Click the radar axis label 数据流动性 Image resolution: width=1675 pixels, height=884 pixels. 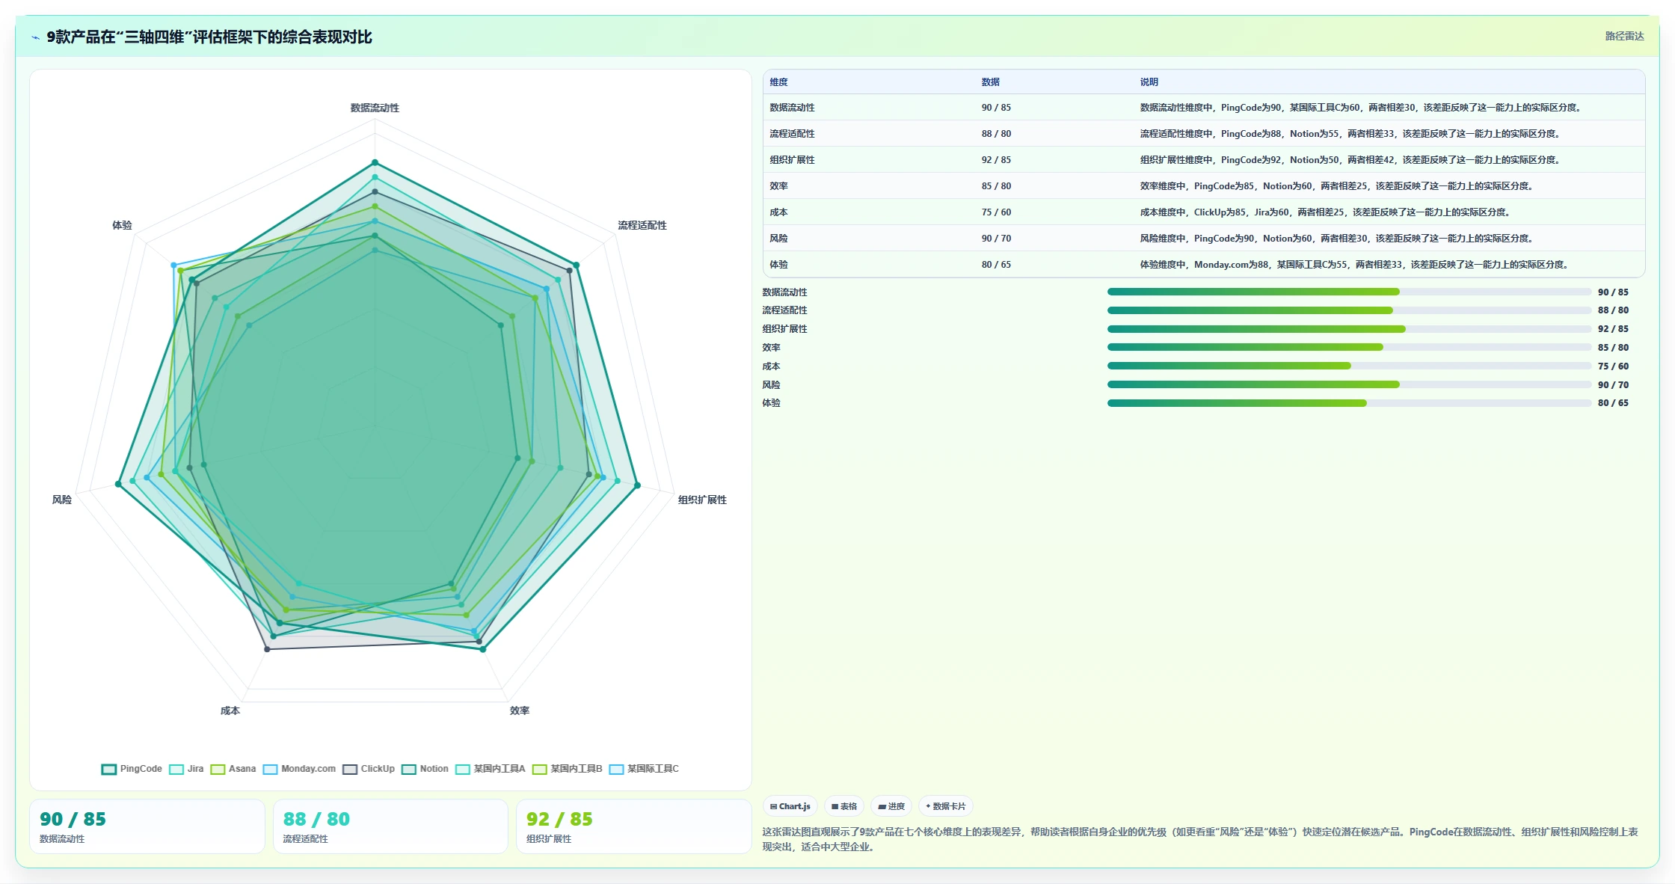(375, 108)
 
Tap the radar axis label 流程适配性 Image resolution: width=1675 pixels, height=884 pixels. (642, 225)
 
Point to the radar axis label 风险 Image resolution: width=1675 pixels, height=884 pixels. (62, 500)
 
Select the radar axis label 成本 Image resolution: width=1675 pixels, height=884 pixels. (230, 710)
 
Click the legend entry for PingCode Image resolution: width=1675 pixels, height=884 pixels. (132, 769)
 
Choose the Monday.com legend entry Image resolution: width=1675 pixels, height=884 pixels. (299, 769)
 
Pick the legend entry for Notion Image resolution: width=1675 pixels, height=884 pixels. (425, 769)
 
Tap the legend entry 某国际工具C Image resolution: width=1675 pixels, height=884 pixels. (644, 769)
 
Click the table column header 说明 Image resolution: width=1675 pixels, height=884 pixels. (1149, 82)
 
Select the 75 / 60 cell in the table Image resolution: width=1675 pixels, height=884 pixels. (996, 212)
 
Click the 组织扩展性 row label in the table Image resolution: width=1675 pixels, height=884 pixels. (792, 160)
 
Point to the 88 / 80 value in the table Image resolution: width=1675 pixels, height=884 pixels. (996, 134)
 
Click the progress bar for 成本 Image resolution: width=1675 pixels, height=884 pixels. (1349, 366)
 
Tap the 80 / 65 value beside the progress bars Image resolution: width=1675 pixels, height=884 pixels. (1613, 403)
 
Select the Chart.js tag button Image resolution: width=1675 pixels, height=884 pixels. (790, 806)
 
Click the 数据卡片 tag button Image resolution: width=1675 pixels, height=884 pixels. (945, 806)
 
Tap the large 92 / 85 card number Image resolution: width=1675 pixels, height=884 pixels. (559, 819)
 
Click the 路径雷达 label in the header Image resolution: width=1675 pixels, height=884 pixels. (1624, 36)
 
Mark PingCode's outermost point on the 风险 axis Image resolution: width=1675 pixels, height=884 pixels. (118, 485)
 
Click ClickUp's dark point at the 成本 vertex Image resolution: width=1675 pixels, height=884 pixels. (267, 649)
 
